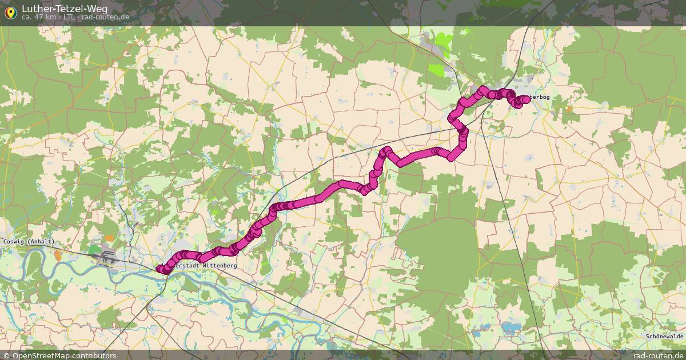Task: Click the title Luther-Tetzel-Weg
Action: click(x=64, y=9)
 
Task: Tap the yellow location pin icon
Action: click(x=10, y=12)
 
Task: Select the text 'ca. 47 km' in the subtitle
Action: click(x=39, y=17)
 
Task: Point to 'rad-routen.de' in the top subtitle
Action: click(x=105, y=17)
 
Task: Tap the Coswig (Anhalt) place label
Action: click(x=29, y=242)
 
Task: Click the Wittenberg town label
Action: click(x=204, y=266)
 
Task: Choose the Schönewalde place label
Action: click(x=665, y=337)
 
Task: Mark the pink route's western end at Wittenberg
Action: click(x=159, y=269)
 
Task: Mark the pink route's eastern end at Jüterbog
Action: click(x=526, y=99)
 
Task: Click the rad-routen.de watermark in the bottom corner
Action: click(x=659, y=355)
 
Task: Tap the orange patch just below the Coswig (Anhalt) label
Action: click(x=58, y=255)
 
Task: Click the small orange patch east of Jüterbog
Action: click(x=569, y=108)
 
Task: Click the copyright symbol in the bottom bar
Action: click(x=6, y=355)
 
